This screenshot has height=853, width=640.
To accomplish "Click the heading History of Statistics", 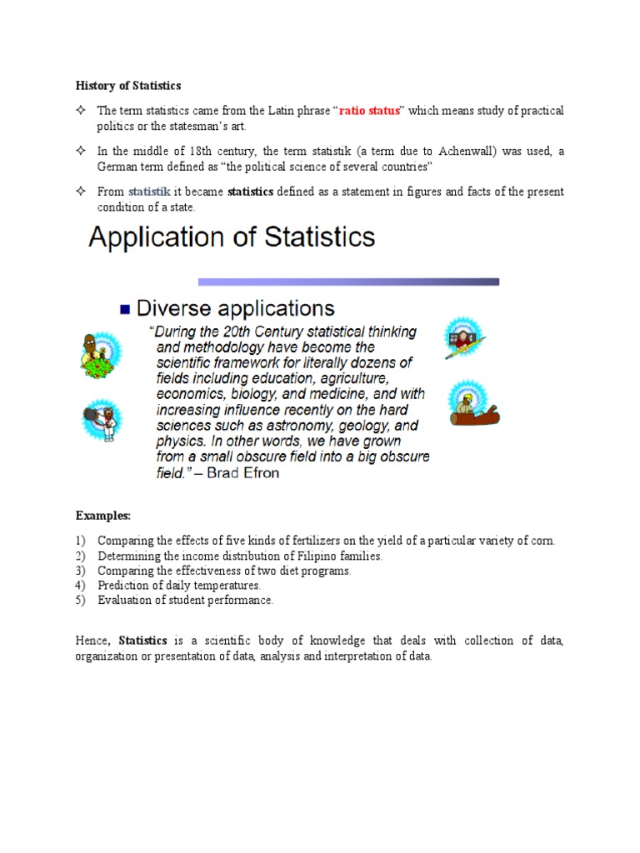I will pos(128,86).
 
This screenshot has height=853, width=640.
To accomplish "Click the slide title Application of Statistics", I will pos(232,237).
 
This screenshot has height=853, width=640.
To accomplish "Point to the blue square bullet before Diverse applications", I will pos(125,309).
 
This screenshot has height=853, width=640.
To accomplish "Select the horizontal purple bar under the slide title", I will pos(347,282).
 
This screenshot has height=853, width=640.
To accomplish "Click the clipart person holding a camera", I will pos(101,422).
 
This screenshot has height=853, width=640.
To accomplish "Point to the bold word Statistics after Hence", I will pos(144,641).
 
